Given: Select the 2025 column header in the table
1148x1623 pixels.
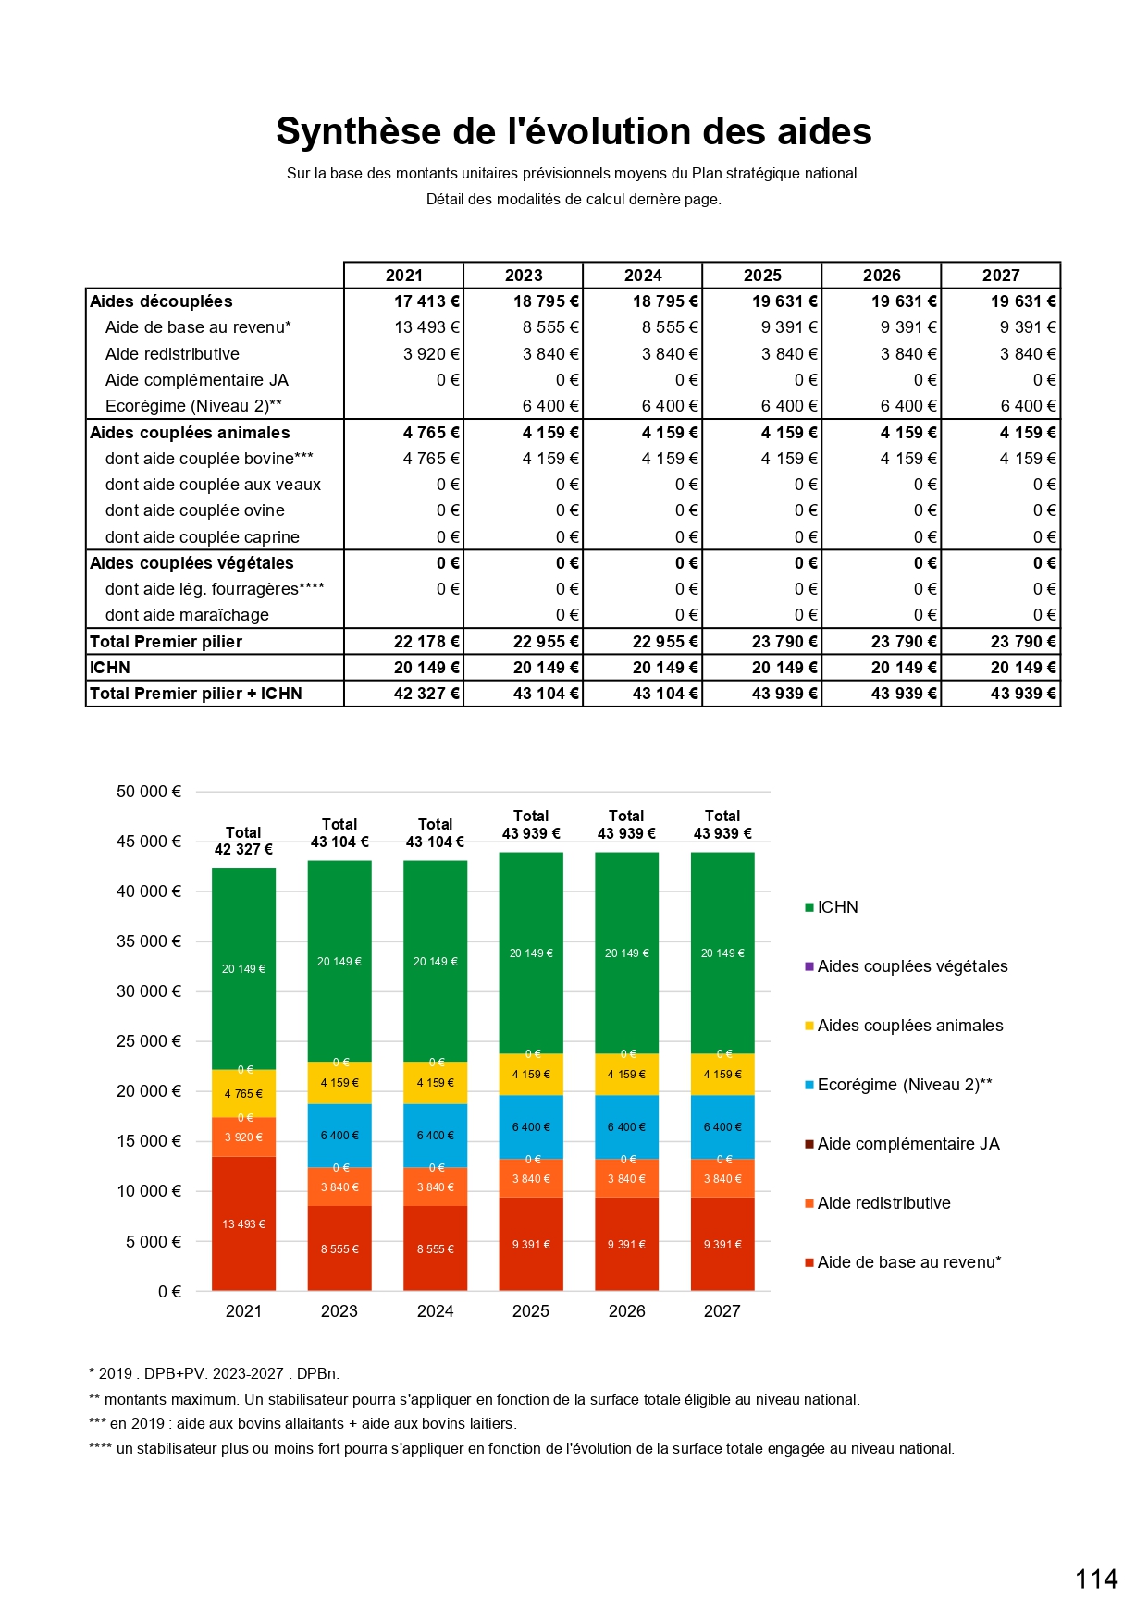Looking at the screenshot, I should click(x=762, y=276).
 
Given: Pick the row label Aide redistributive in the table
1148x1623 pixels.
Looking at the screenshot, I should click(x=172, y=354).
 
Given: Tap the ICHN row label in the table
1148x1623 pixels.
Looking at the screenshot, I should click(x=110, y=668).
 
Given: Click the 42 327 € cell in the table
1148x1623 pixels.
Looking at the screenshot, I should click(x=426, y=694).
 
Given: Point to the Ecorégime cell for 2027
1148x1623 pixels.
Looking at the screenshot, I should click(x=1028, y=406).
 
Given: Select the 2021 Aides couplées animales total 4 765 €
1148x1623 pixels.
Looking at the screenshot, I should click(x=431, y=433).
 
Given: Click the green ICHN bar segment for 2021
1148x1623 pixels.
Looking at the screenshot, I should click(x=243, y=968).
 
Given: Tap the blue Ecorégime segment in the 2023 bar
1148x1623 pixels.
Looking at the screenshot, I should click(x=339, y=1135).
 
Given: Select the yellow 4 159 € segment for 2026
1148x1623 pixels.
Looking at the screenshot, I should click(x=626, y=1075).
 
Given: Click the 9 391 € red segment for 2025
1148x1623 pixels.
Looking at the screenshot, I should click(x=531, y=1244).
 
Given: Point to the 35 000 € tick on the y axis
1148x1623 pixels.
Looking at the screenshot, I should click(x=149, y=941).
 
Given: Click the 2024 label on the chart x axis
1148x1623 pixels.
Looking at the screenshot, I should click(x=435, y=1311).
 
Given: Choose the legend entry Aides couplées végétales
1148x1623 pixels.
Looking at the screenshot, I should click(x=912, y=966).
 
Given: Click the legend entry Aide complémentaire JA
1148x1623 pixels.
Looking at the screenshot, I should click(x=907, y=1144).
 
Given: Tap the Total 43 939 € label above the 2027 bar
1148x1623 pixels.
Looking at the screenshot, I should click(x=722, y=825).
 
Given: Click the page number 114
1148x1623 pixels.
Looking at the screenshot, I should click(x=1096, y=1579).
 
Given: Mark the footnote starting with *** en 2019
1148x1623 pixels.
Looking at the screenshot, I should click(x=302, y=1423).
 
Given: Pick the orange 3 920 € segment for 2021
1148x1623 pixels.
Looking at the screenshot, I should click(x=243, y=1137).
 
